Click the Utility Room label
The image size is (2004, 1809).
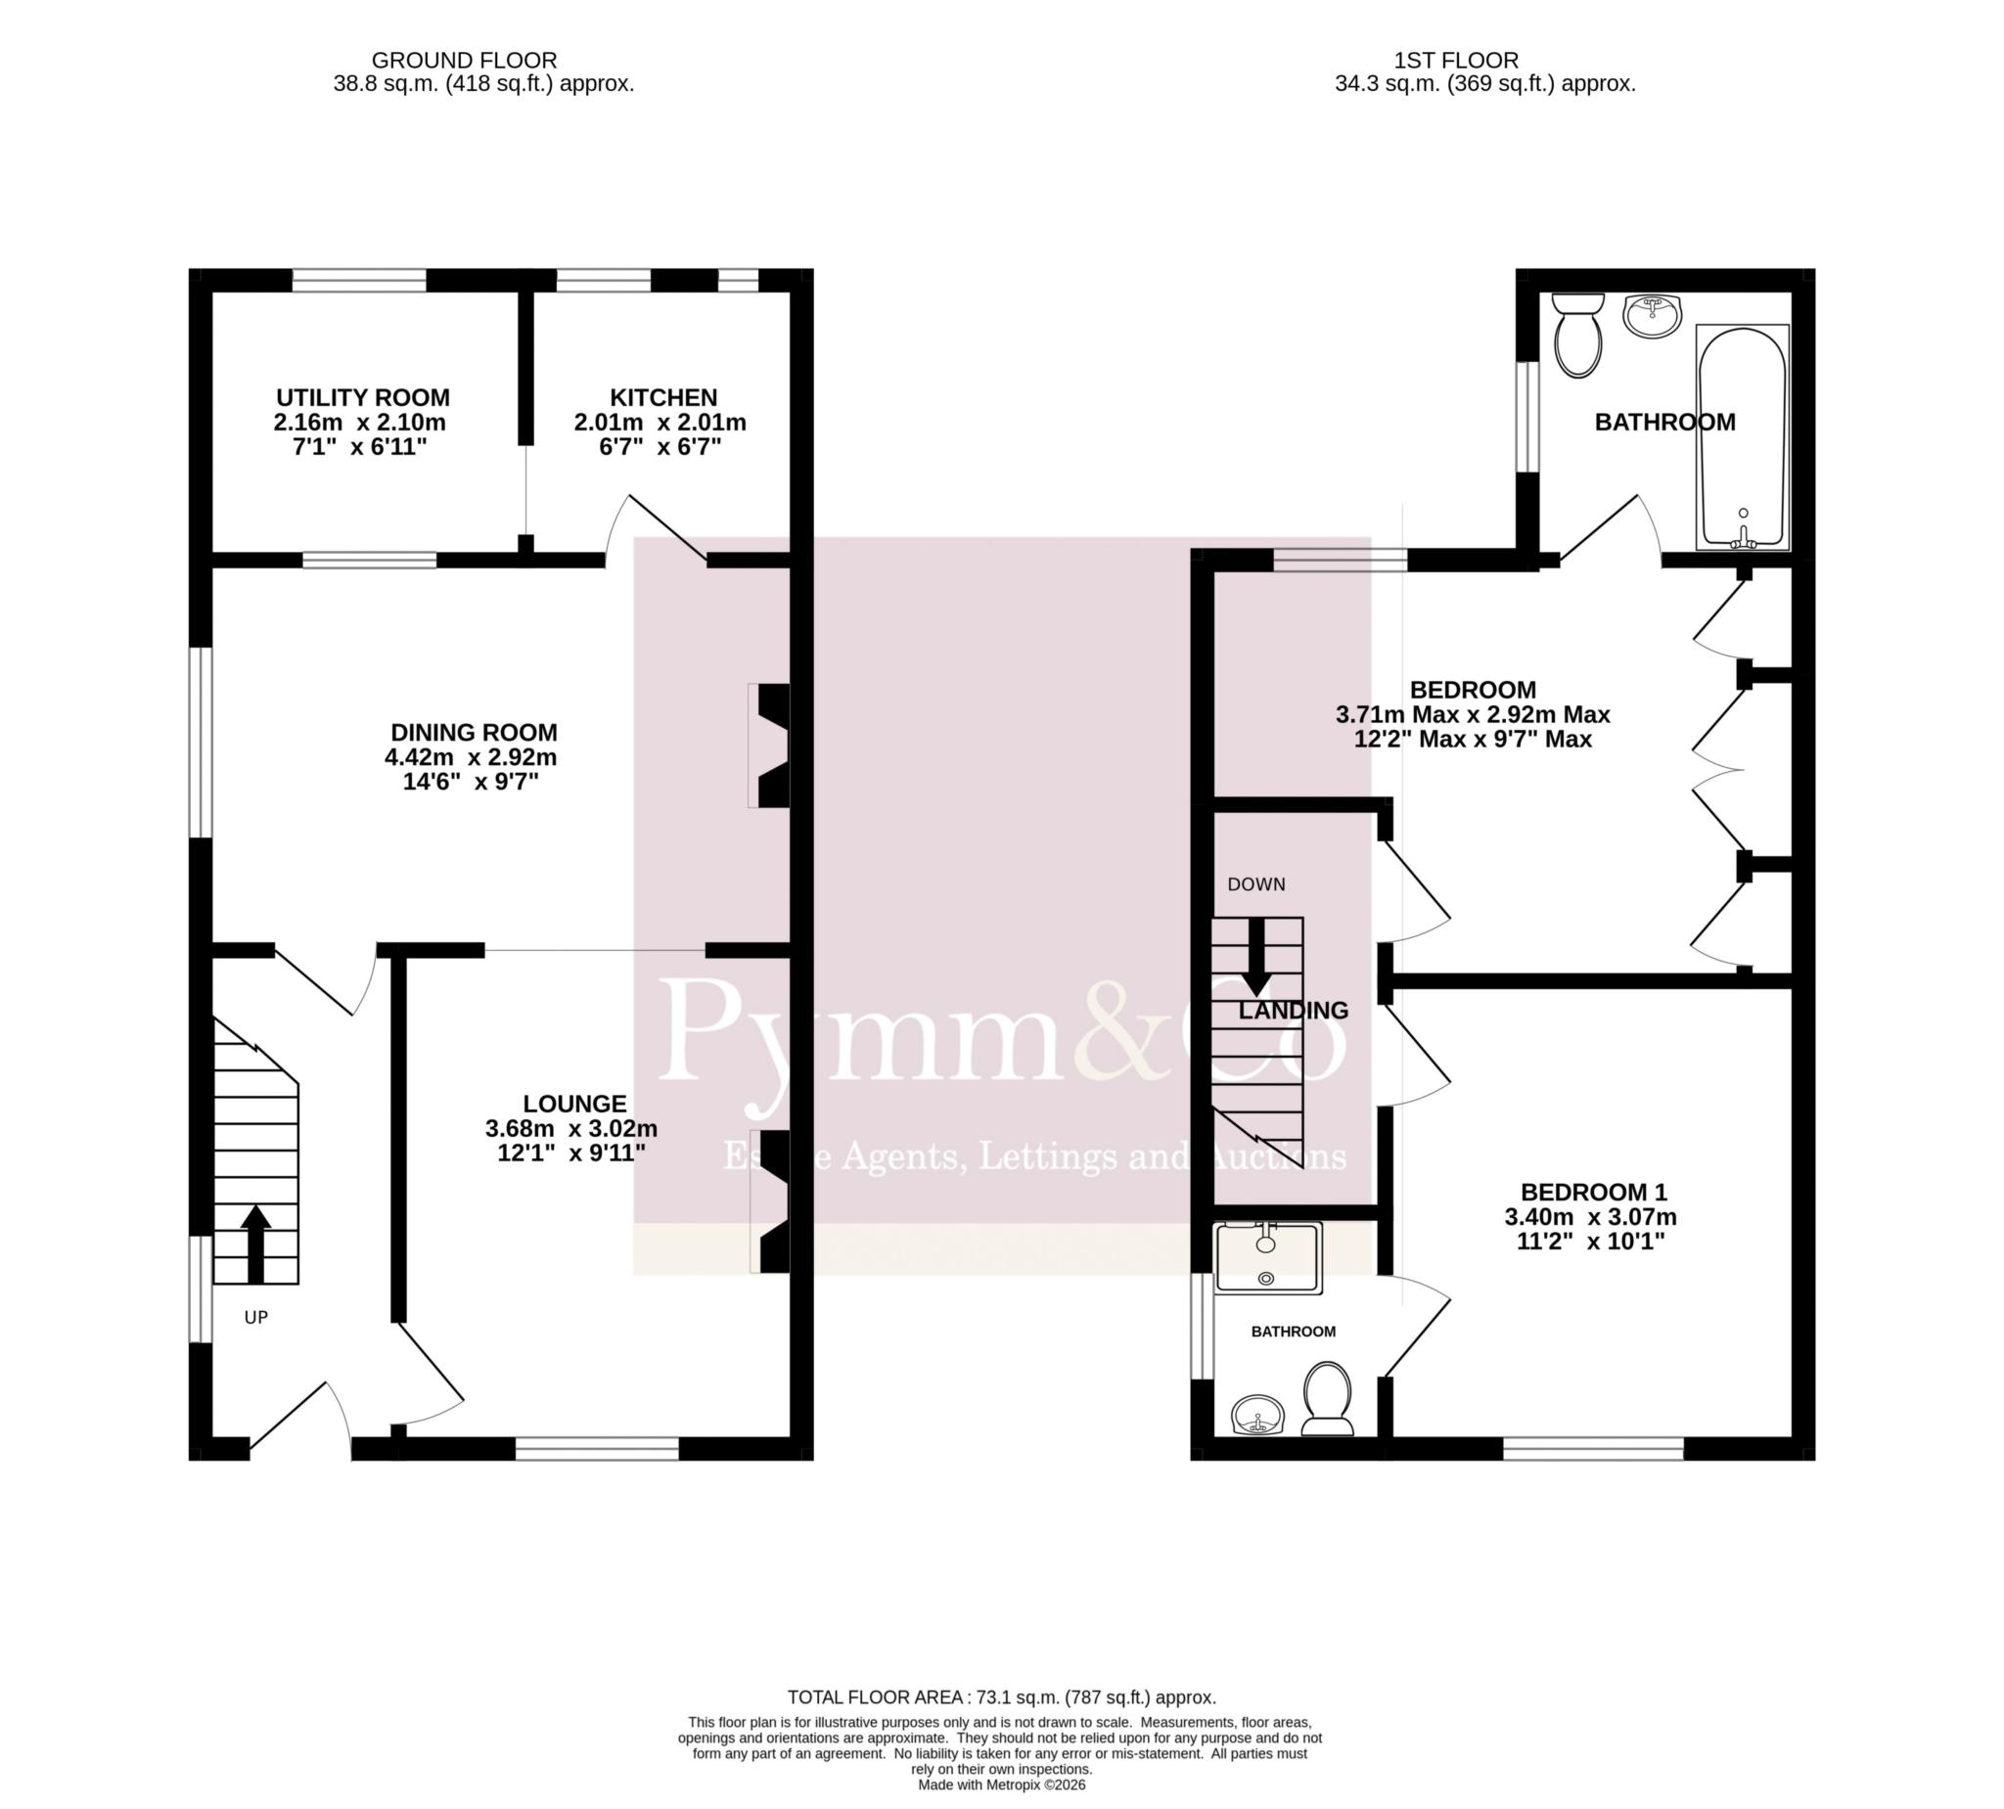click(363, 397)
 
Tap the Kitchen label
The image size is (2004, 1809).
click(663, 397)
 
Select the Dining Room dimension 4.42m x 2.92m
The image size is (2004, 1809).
click(472, 757)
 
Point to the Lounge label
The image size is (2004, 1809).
click(574, 1104)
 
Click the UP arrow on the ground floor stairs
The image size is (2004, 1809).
click(255, 1243)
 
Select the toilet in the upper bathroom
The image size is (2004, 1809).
click(1576, 334)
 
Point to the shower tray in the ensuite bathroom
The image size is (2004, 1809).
click(1269, 1257)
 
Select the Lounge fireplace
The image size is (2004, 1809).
click(769, 1201)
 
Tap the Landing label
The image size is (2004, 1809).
click(1294, 1011)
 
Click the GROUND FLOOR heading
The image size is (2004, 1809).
click(463, 61)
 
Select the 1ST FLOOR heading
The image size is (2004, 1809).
click(1456, 61)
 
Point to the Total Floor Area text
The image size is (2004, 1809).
click(1001, 1697)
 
